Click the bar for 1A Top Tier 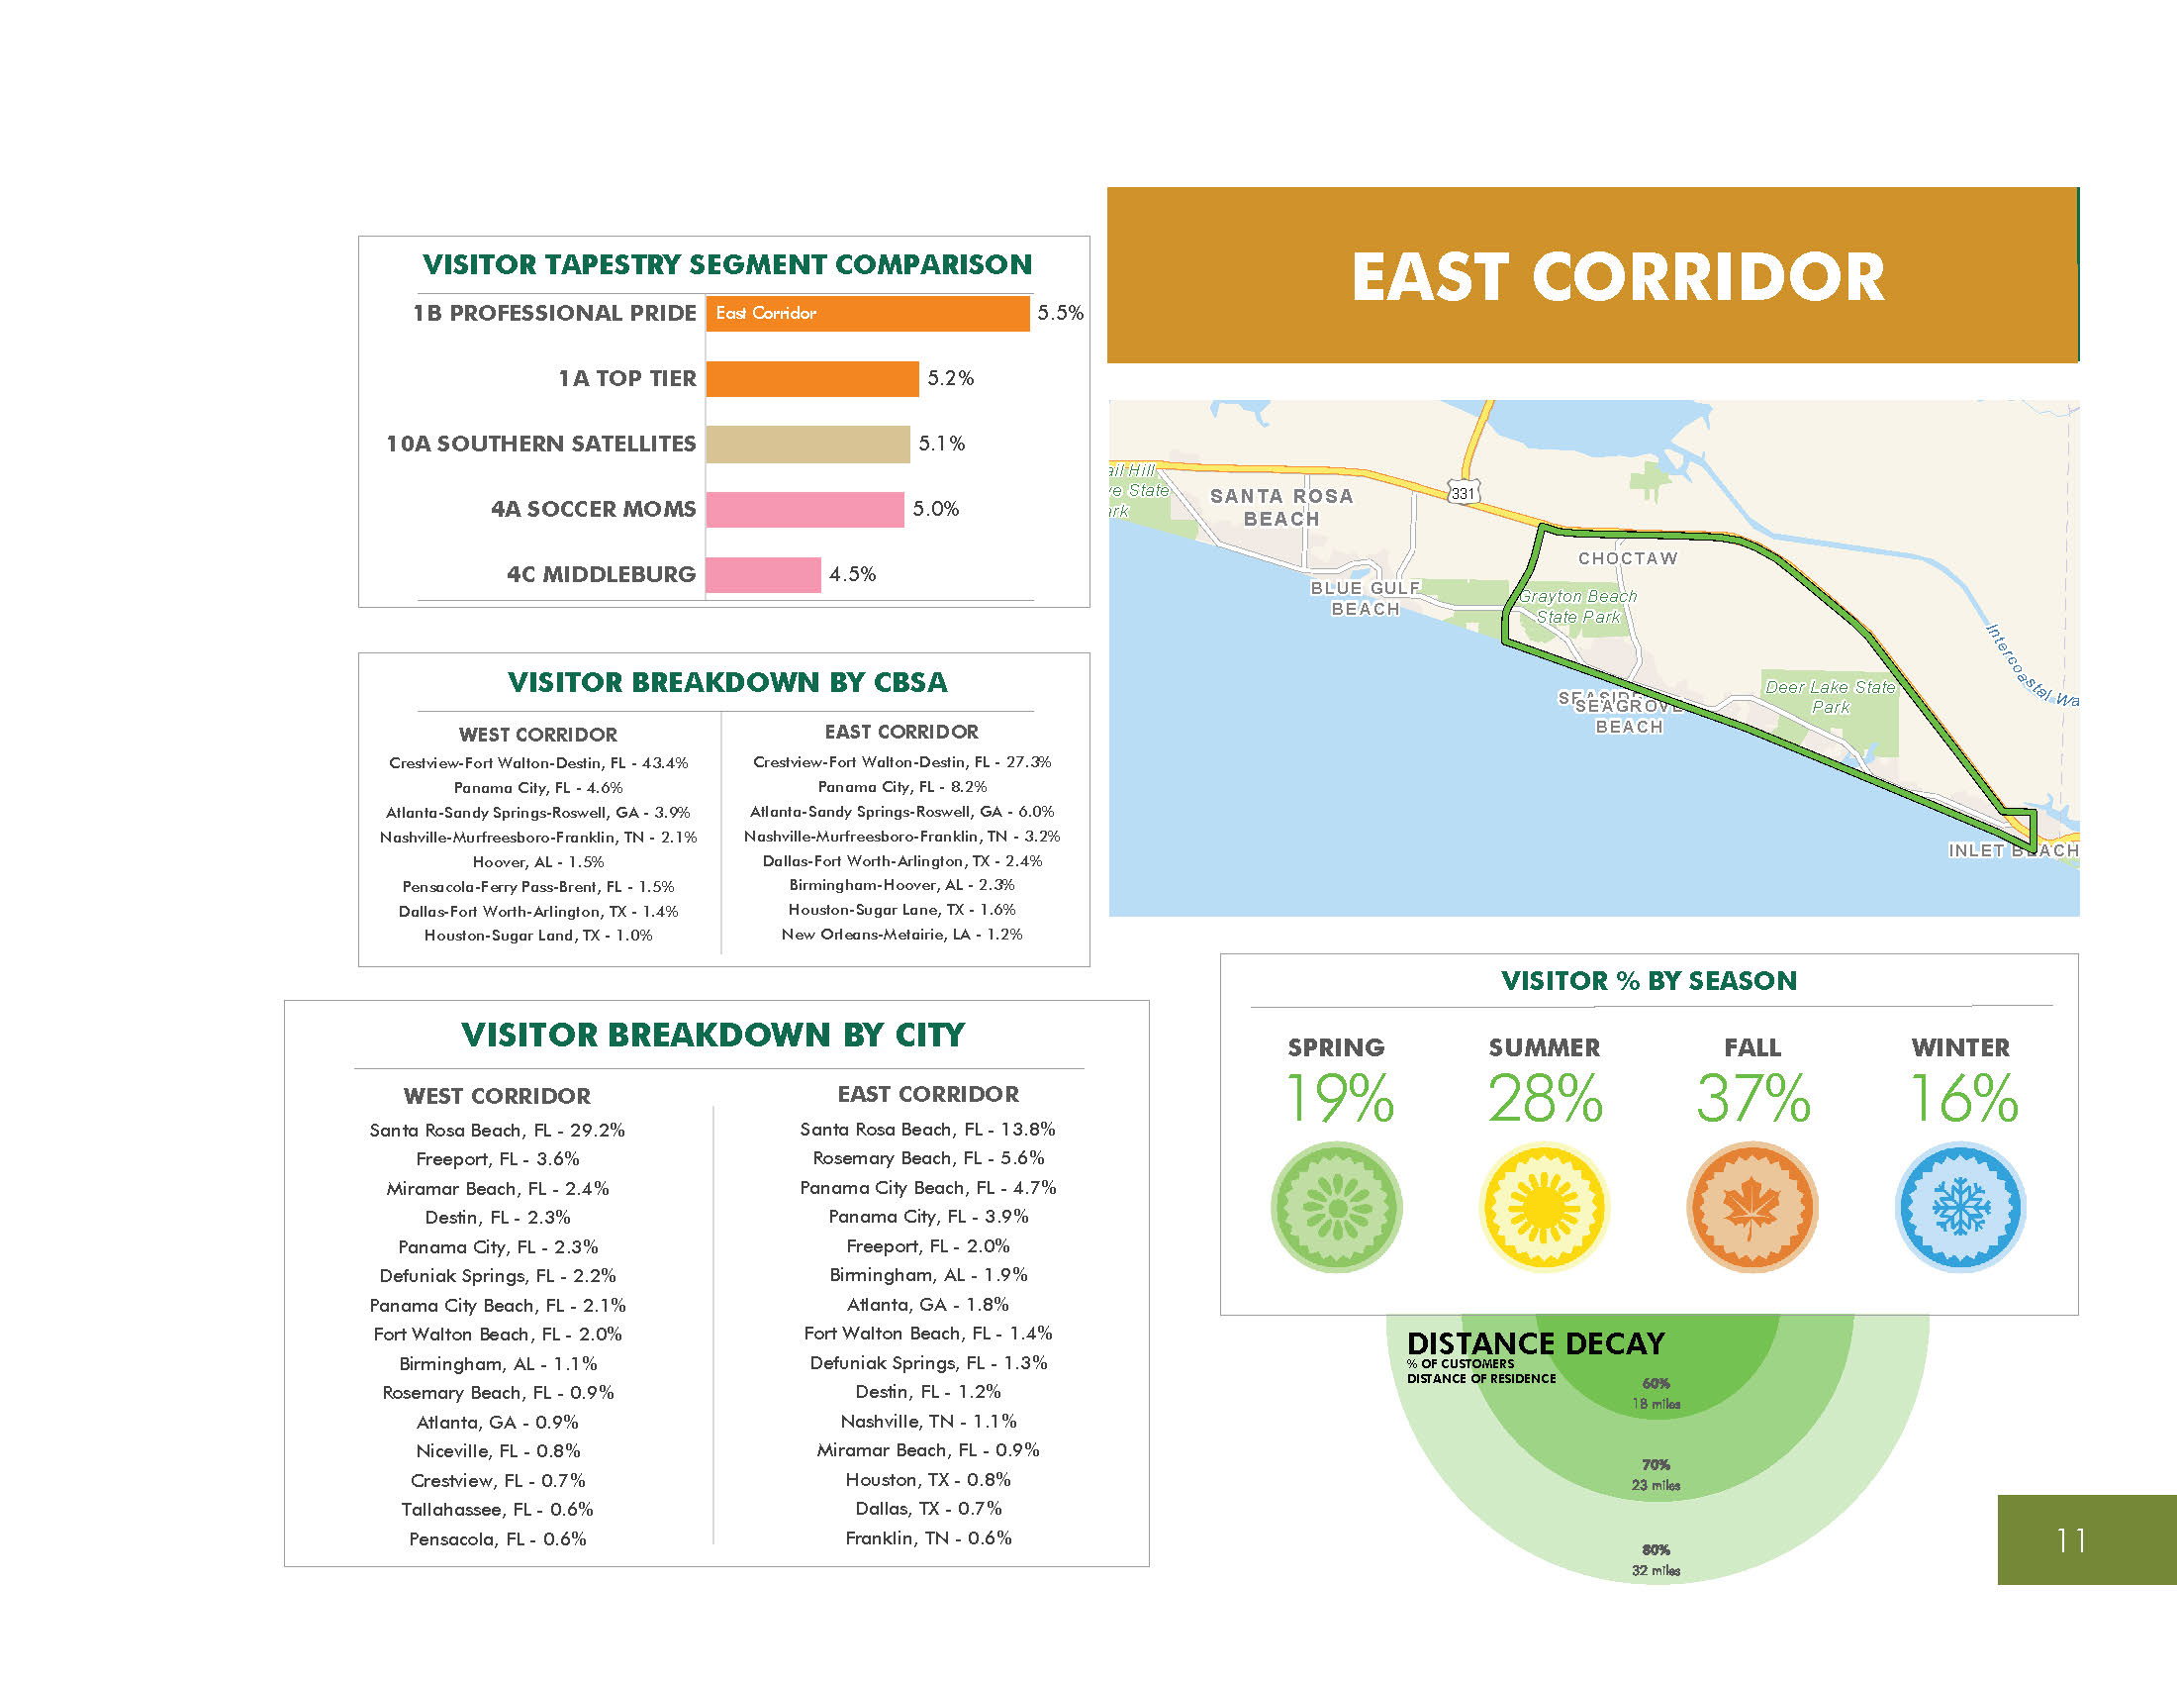coord(811,379)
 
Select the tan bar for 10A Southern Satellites coord(807,444)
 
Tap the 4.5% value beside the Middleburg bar coord(852,574)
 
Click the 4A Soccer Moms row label coord(593,510)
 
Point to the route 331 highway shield coord(1463,493)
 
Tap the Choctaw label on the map coord(1628,558)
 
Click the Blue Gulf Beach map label coord(1366,598)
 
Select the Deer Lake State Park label coord(1830,697)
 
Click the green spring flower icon coord(1337,1208)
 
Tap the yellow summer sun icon coord(1544,1208)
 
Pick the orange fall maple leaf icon coord(1752,1208)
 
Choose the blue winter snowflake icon coord(1960,1208)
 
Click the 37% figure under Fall coord(1752,1099)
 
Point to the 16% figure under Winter coord(1961,1099)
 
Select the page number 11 coord(2071,1540)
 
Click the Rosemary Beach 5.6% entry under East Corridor coord(928,1158)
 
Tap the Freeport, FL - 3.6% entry coord(498,1159)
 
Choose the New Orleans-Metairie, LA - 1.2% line coord(901,935)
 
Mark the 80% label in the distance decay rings coord(1656,1549)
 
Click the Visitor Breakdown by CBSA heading coord(726,682)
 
